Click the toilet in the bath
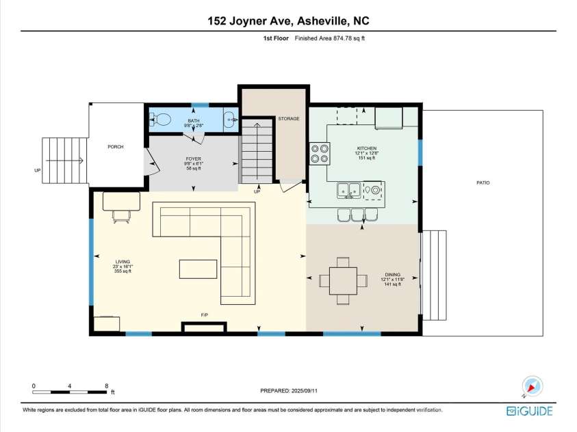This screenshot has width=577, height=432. pos(162,119)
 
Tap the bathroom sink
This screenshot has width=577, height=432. pos(231,120)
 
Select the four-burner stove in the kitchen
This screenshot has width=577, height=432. pos(319,153)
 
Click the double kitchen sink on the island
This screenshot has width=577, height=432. pos(349,189)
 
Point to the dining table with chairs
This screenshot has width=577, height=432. pos(342,280)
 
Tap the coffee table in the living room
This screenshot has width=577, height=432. pos(199,269)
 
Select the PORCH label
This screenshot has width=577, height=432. pos(116,147)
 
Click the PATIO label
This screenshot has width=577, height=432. pos(483,183)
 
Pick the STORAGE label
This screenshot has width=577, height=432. pos(288,119)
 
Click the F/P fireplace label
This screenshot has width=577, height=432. pos(204,314)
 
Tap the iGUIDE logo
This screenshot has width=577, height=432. pos(529,410)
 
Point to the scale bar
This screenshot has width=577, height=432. pos(69,392)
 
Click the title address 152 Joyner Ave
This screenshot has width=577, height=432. pos(288,22)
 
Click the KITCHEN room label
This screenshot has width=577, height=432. pos(366,148)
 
